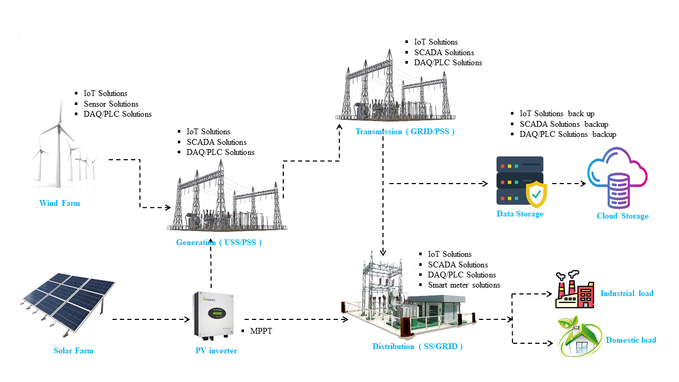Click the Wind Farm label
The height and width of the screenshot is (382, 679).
(59, 203)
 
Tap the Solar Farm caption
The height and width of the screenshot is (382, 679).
(73, 350)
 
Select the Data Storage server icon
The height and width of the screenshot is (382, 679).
(519, 180)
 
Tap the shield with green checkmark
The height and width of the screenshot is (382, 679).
(536, 195)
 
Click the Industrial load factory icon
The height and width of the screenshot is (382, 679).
(574, 290)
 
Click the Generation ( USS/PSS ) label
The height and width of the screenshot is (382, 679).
(219, 242)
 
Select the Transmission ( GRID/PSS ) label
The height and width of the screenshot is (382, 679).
(405, 132)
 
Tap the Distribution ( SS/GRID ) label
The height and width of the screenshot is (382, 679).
(417, 346)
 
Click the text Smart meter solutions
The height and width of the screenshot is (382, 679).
(464, 285)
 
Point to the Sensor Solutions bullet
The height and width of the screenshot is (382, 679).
(111, 104)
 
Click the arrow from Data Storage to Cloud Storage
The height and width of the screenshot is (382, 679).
(569, 184)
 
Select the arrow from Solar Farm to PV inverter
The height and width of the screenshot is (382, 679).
(151, 320)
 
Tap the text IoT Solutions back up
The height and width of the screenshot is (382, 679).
(557, 114)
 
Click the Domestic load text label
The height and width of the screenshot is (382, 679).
(631, 340)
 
